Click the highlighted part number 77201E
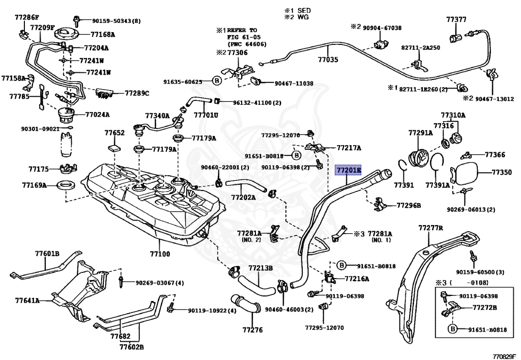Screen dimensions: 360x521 [348, 170]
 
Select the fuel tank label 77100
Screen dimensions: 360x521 [160, 253]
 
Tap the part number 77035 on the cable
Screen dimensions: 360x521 [328, 60]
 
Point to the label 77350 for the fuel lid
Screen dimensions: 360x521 [501, 173]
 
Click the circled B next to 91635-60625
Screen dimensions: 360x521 [216, 81]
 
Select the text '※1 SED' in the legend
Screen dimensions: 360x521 [298, 10]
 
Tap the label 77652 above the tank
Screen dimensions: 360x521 [114, 133]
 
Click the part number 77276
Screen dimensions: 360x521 [252, 330]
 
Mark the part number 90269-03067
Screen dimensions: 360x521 [159, 283]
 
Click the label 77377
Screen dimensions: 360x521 [456, 20]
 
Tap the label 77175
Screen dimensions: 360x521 [38, 168]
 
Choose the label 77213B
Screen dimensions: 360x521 [260, 268]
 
